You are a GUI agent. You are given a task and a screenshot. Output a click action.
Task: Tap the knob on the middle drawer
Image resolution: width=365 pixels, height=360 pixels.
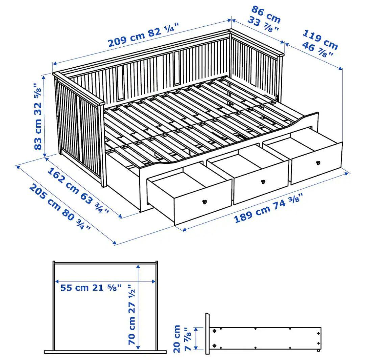(x=263, y=182)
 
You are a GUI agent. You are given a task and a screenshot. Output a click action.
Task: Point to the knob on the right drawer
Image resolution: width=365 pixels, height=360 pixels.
(x=318, y=163)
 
